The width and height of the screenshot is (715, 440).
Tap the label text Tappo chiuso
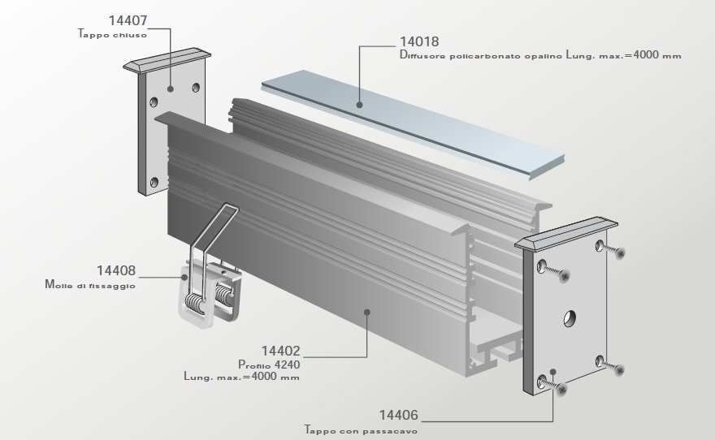[x=112, y=35]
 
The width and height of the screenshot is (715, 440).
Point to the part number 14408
[x=116, y=271]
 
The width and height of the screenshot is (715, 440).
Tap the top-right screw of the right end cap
[x=621, y=254]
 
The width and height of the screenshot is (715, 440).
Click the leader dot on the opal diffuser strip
[x=360, y=103]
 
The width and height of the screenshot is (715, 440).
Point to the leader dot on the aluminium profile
[x=367, y=310]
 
